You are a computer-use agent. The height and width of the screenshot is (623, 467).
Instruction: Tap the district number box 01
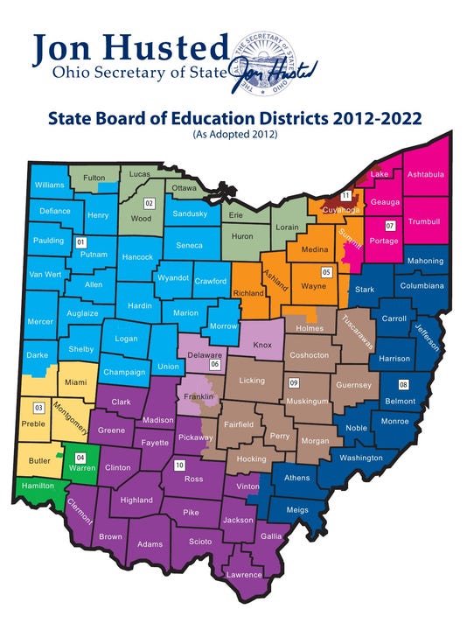pyautogui.click(x=80, y=241)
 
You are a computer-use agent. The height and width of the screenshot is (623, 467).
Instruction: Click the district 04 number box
pyautogui.click(x=80, y=457)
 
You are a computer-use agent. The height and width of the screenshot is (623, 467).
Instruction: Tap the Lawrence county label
pyautogui.click(x=244, y=575)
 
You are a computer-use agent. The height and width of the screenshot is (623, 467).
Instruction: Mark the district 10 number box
pyautogui.click(x=179, y=465)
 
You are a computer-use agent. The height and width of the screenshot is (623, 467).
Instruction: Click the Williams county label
pyautogui.click(x=51, y=185)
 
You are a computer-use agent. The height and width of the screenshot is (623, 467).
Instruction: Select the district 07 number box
pyautogui.click(x=390, y=226)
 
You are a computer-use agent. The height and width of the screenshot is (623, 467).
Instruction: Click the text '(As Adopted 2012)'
pyautogui.click(x=233, y=136)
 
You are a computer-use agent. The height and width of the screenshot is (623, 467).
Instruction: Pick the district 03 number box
pyautogui.click(x=38, y=408)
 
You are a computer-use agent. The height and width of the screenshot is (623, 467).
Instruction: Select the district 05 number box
pyautogui.click(x=326, y=271)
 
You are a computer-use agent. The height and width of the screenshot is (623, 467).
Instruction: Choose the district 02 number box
pyautogui.click(x=150, y=203)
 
